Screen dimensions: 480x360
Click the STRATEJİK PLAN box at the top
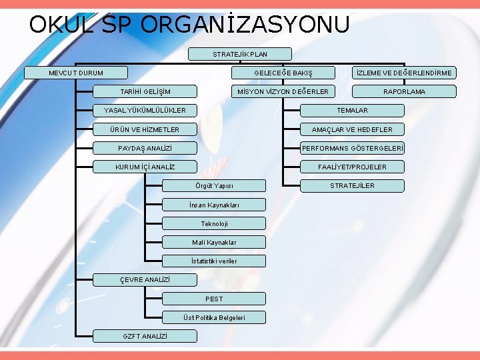click(240, 54)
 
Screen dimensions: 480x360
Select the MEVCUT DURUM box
click(75, 73)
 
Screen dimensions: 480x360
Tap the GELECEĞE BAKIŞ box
click(283, 73)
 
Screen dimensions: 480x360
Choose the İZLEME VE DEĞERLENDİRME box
click(404, 73)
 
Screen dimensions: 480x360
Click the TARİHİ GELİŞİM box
click(145, 91)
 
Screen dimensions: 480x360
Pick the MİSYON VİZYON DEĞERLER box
click(283, 91)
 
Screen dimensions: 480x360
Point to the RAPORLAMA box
click(404, 91)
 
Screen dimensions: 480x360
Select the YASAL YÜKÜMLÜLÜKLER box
click(145, 110)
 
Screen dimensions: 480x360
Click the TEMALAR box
click(352, 110)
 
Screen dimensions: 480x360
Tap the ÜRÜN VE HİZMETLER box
click(145, 129)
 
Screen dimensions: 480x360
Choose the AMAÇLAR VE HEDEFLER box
click(352, 129)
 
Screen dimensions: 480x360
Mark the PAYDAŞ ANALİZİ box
click(145, 148)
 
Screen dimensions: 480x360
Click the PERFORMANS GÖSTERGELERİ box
click(352, 148)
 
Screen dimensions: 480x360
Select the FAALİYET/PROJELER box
click(352, 167)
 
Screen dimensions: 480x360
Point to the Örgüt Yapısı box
click(214, 185)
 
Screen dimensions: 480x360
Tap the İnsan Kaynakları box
click(214, 205)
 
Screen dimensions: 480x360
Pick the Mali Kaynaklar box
click(214, 242)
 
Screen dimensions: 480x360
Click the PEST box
click(214, 299)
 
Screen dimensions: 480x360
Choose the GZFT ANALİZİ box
click(145, 336)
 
